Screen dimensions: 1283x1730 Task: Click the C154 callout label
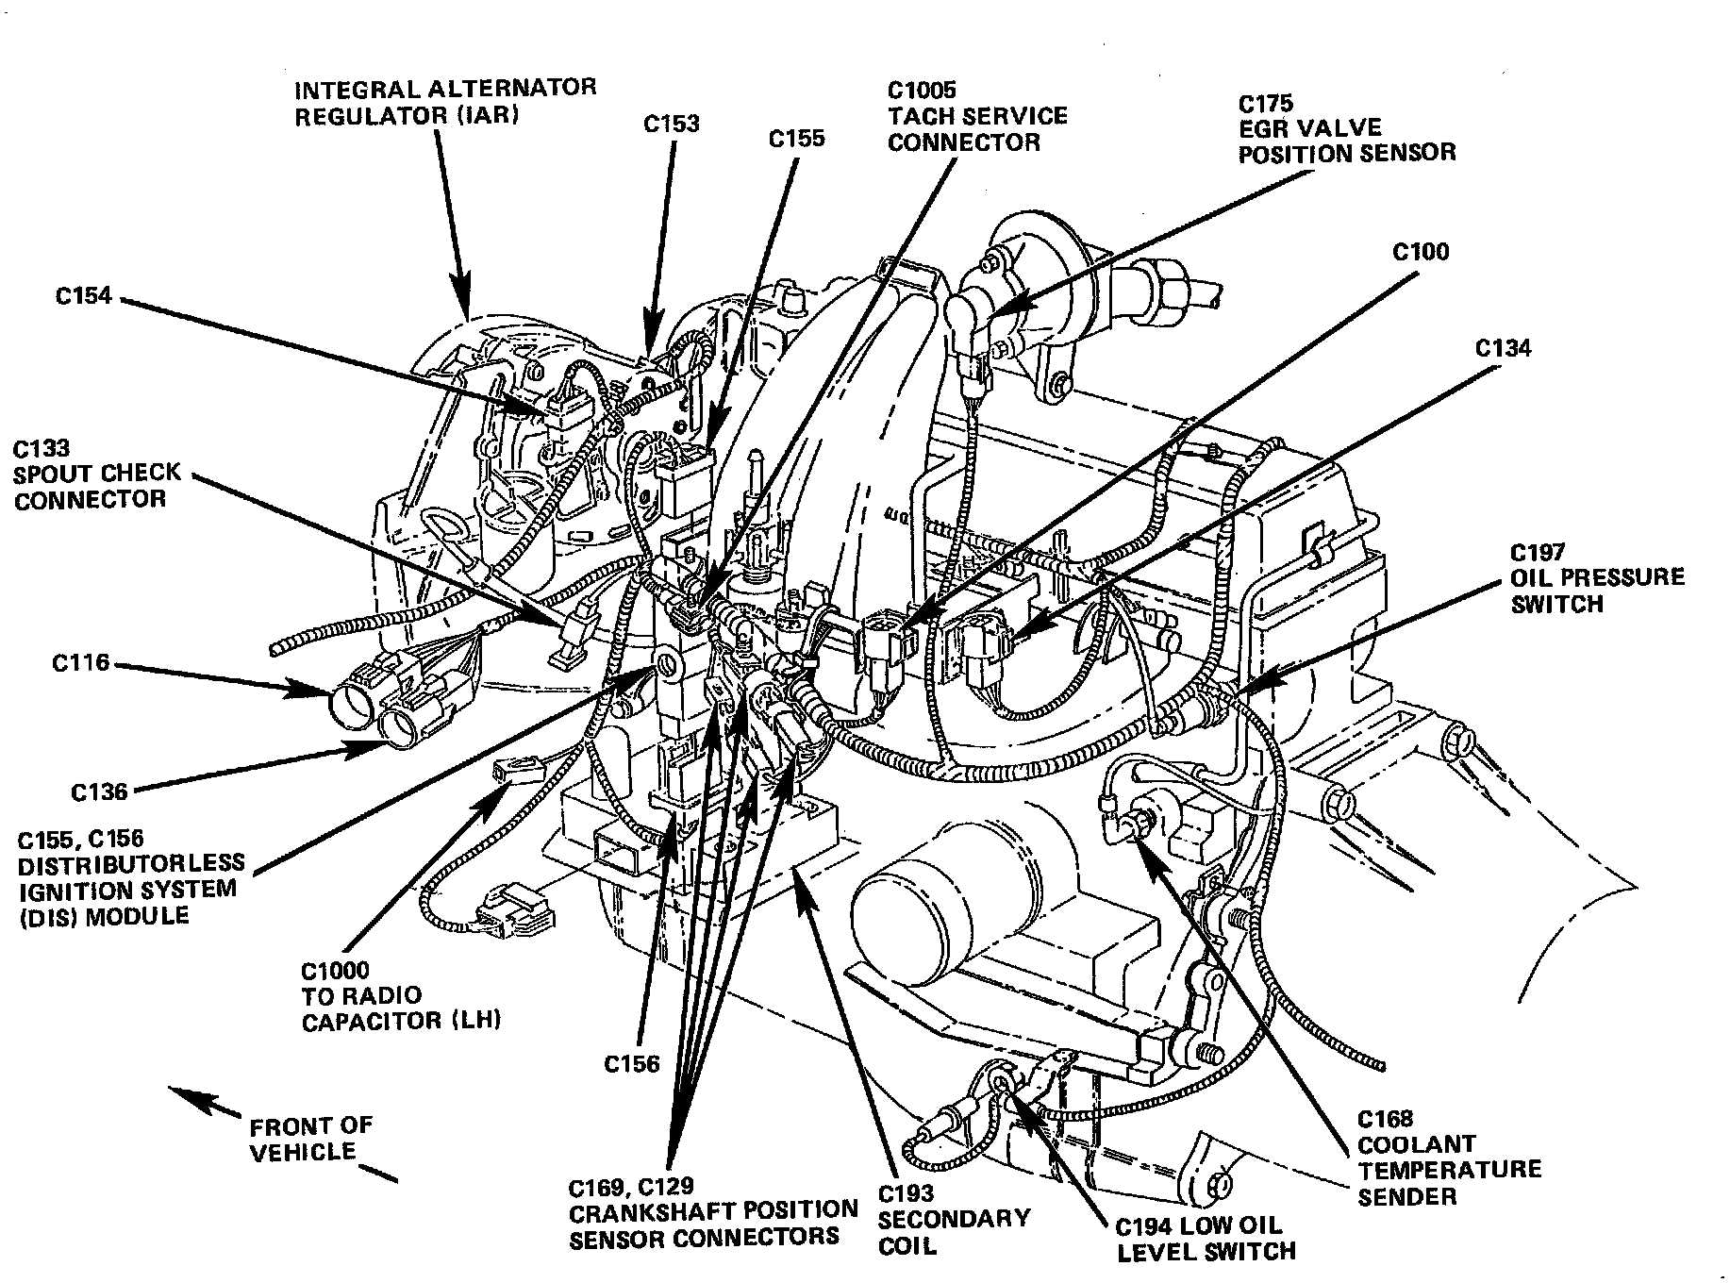pos(83,296)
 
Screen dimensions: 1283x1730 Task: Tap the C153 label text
pos(672,124)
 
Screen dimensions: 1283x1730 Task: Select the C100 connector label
pos(1421,252)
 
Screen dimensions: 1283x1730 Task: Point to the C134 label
pos(1504,348)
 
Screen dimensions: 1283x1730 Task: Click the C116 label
pos(81,664)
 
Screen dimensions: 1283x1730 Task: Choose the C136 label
pos(99,791)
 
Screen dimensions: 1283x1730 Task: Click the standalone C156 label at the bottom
pos(631,1064)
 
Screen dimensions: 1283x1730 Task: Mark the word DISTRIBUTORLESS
pos(131,863)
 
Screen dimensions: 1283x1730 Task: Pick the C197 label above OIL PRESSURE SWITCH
pos(1538,553)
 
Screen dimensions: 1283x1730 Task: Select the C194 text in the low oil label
pos(1144,1226)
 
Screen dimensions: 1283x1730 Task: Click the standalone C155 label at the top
pos(796,139)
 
